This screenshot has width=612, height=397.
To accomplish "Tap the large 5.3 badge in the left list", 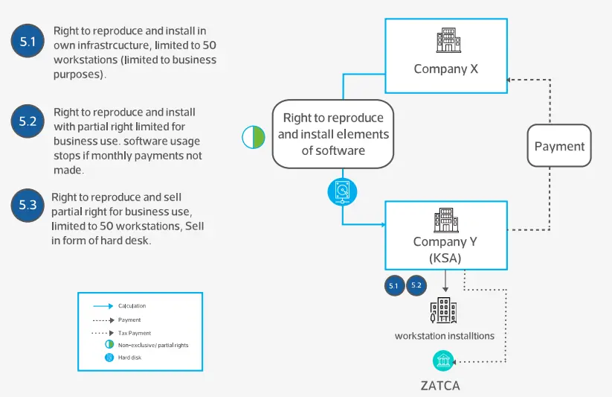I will pyautogui.click(x=28, y=206).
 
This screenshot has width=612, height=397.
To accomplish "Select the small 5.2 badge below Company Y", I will pyautogui.click(x=416, y=285).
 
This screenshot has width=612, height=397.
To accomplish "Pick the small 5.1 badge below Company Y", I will pyautogui.click(x=394, y=285).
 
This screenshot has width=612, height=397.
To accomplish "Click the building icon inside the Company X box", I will pyautogui.click(x=446, y=40).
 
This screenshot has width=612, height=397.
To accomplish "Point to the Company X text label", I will pyautogui.click(x=446, y=69).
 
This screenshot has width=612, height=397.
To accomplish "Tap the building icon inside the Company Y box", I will pyautogui.click(x=446, y=220).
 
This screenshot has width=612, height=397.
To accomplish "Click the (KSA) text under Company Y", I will pyautogui.click(x=446, y=257).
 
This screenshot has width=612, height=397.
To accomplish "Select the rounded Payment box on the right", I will pyautogui.click(x=559, y=147).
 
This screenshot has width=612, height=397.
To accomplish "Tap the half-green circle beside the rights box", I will pyautogui.click(x=254, y=138).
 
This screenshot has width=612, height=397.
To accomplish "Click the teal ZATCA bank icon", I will pyautogui.click(x=444, y=362).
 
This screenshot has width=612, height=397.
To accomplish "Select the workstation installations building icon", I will pyautogui.click(x=444, y=311).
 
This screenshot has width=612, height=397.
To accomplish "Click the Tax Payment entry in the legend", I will pyautogui.click(x=135, y=333).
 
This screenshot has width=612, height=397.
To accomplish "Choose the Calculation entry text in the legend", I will pyautogui.click(x=132, y=305).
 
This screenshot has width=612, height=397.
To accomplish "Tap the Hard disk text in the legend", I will pyautogui.click(x=131, y=358).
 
